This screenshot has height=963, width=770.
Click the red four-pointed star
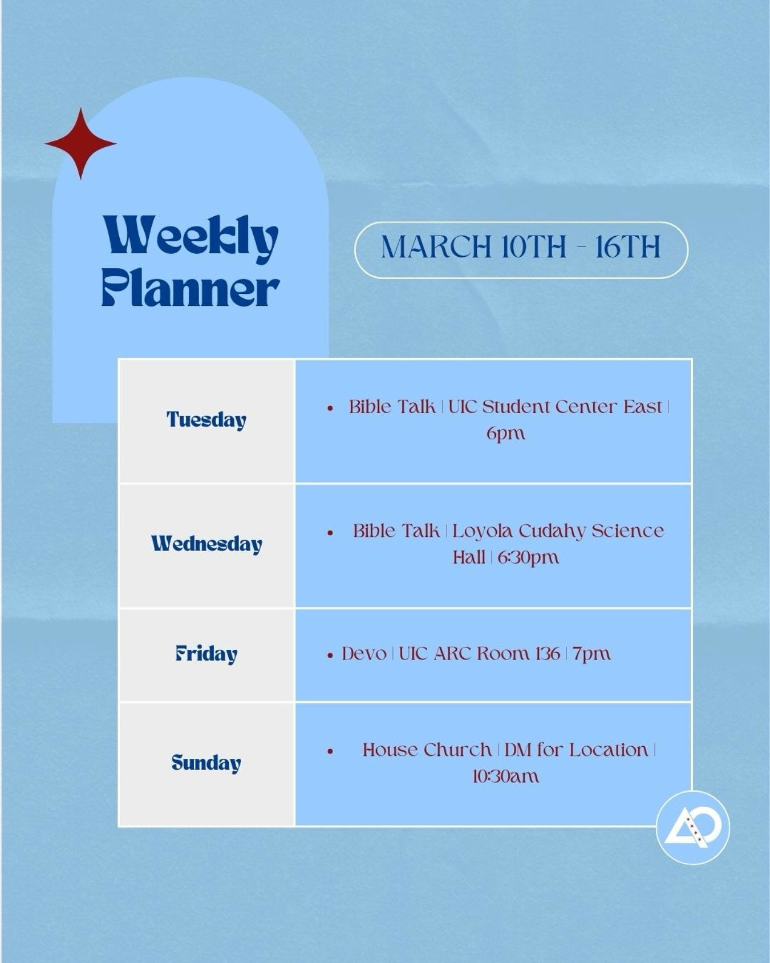81,143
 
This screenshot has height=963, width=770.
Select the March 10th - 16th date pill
521,249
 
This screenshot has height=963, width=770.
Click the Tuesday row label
206,420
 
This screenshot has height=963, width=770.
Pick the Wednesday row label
206,544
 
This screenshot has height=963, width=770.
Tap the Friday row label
206,654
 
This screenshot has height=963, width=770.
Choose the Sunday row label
206,763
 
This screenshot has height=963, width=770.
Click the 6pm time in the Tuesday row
505,434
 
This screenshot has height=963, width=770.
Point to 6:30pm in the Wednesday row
528,557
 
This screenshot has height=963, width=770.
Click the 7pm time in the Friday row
592,654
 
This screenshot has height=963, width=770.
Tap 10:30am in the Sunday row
505,776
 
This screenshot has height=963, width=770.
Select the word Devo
364,654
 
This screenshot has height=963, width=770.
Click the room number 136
547,653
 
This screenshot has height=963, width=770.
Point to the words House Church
427,750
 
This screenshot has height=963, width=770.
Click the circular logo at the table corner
693,827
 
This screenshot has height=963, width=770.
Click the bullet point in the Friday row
330,656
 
